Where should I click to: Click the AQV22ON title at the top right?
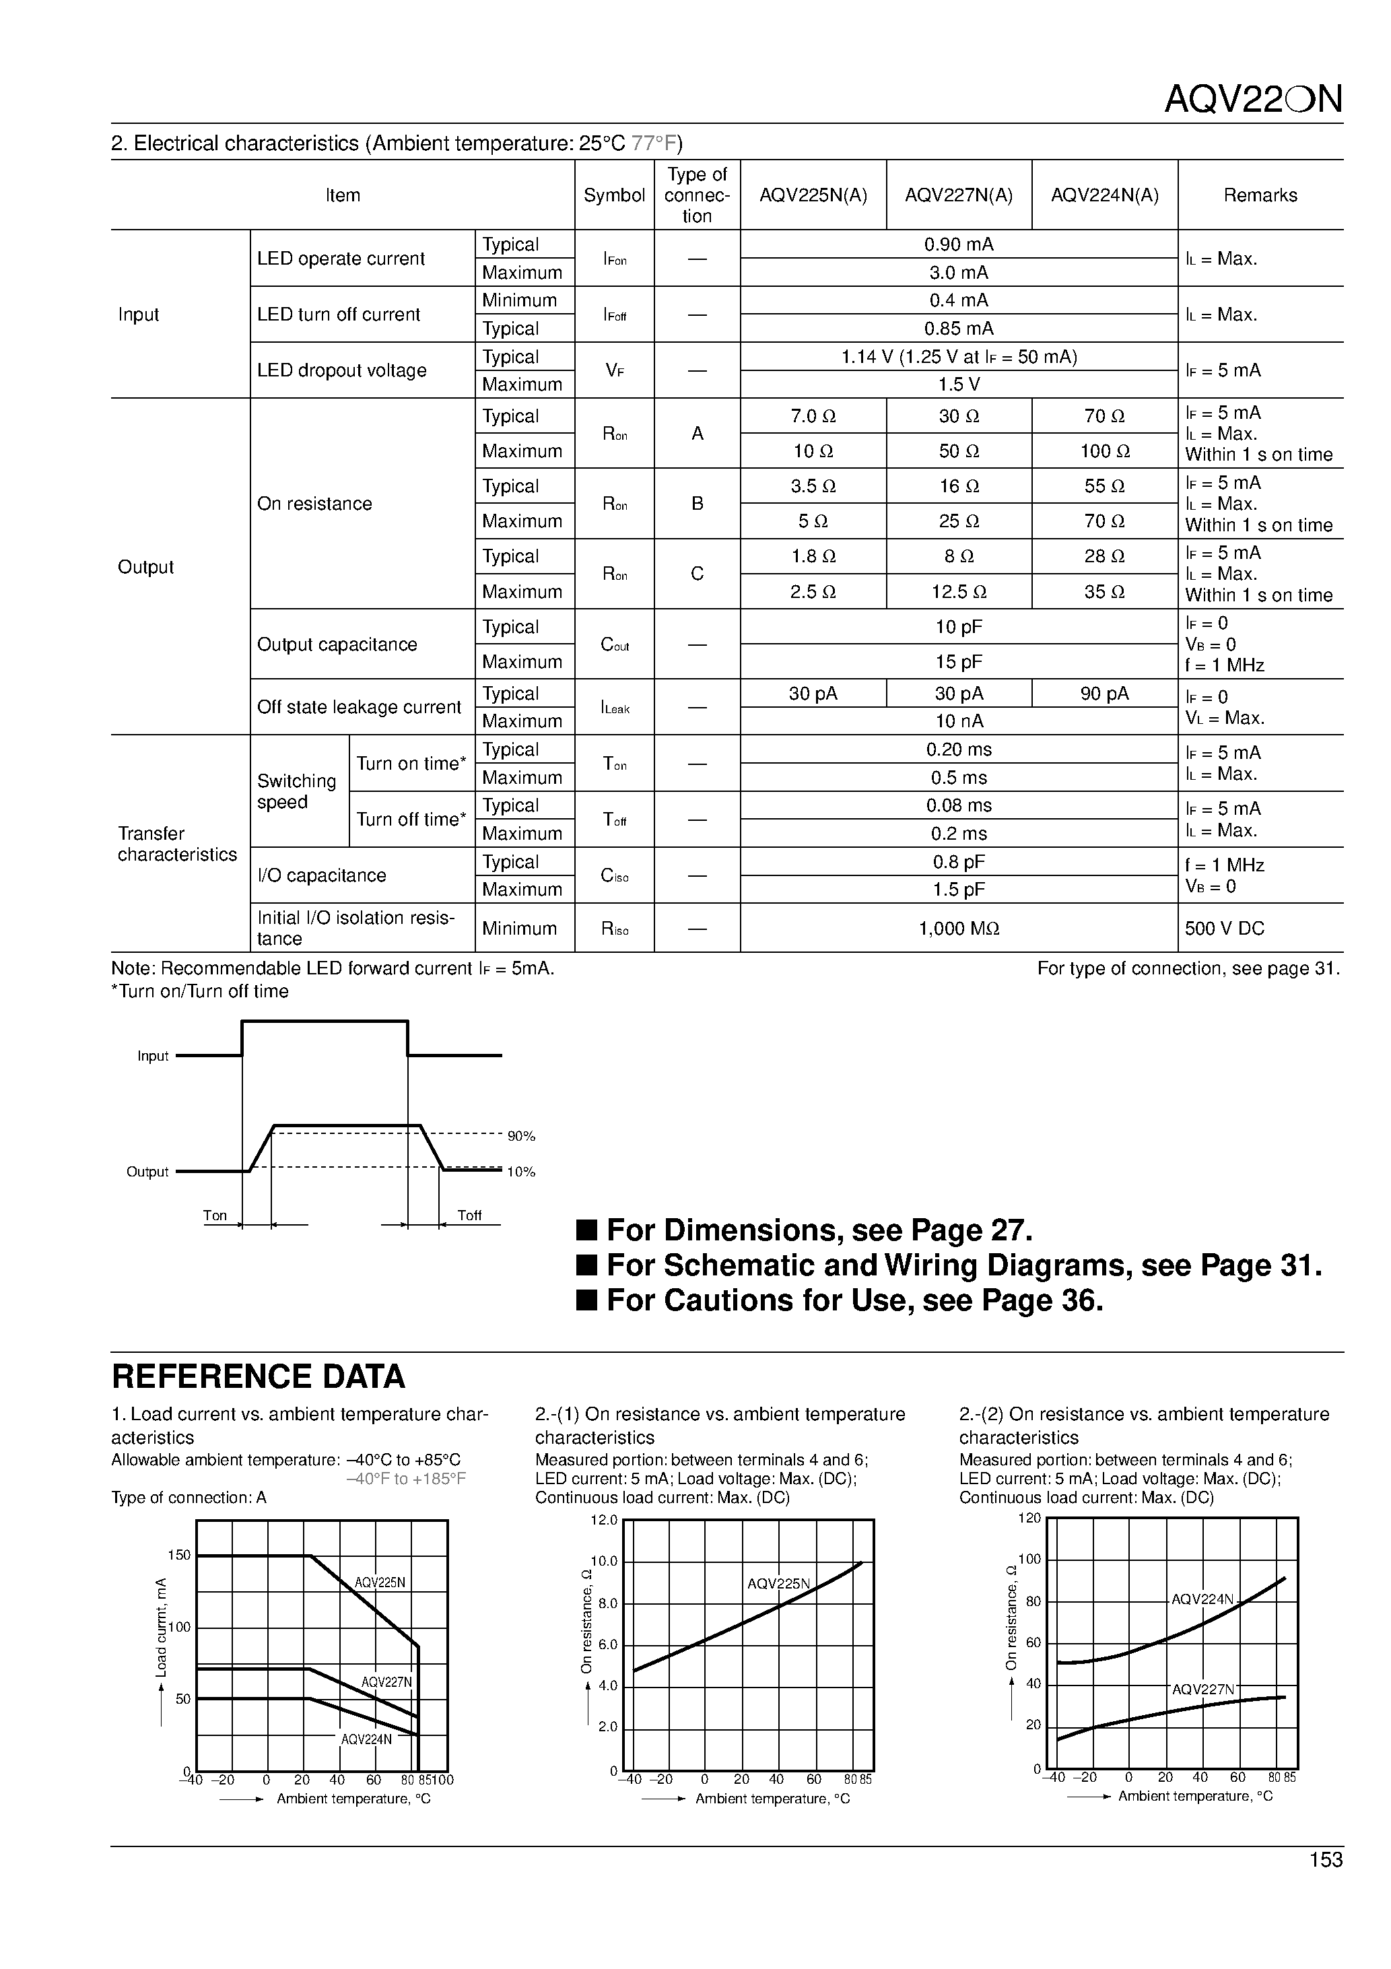click(x=1252, y=100)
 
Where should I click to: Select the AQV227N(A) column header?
click(x=959, y=195)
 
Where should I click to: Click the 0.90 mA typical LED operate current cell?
click(x=959, y=244)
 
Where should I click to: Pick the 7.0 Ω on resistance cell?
click(x=813, y=417)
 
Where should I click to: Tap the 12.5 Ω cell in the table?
click(x=959, y=592)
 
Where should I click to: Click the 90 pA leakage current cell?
click(x=1105, y=694)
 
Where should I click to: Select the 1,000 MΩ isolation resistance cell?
click(x=959, y=929)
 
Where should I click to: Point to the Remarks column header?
click(x=1260, y=195)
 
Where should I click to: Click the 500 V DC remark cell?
click(x=1225, y=929)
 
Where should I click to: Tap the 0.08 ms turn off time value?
click(x=959, y=806)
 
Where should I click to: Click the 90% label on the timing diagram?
click(x=521, y=1136)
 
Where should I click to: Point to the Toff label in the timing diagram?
click(x=469, y=1215)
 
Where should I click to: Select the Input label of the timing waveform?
click(x=153, y=1057)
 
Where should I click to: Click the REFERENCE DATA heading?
click(x=258, y=1376)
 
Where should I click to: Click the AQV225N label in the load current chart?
click(x=380, y=1583)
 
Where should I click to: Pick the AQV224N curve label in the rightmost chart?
click(x=1202, y=1599)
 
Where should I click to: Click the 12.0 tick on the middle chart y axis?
click(x=604, y=1521)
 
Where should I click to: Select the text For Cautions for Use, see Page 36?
click(x=854, y=1301)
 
